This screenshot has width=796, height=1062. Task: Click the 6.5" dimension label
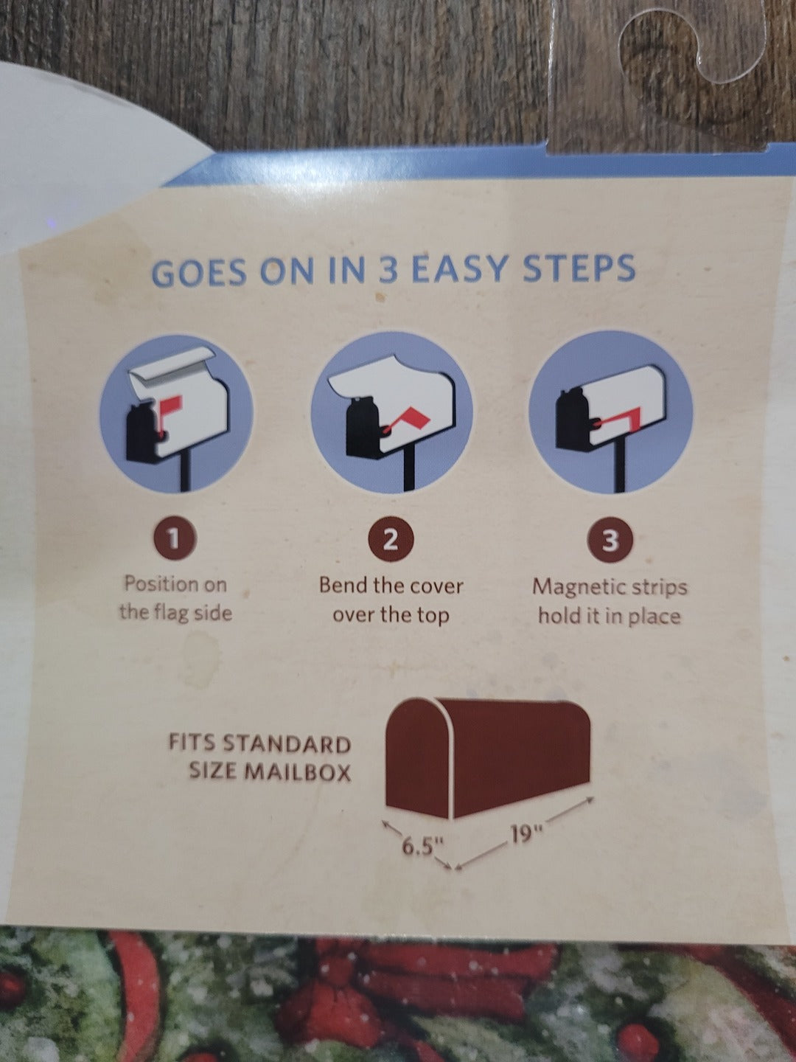tap(422, 849)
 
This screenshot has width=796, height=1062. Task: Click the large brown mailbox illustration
tap(488, 759)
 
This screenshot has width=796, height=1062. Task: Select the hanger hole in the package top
tap(691, 52)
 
